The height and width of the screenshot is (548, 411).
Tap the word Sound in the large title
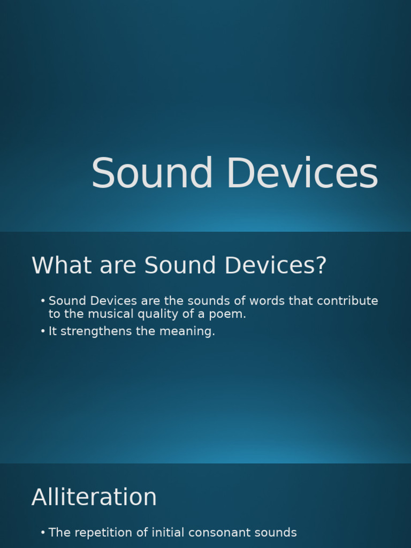[x=152, y=174]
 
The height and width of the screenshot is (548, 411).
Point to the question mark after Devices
[x=321, y=265]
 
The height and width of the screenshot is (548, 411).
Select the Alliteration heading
[x=94, y=497]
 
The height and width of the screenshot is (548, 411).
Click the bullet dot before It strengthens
[x=43, y=331]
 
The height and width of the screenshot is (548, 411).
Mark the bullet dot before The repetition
[x=43, y=532]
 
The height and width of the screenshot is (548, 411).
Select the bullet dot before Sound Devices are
[x=43, y=301]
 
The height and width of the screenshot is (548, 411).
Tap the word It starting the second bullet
[x=53, y=331]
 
